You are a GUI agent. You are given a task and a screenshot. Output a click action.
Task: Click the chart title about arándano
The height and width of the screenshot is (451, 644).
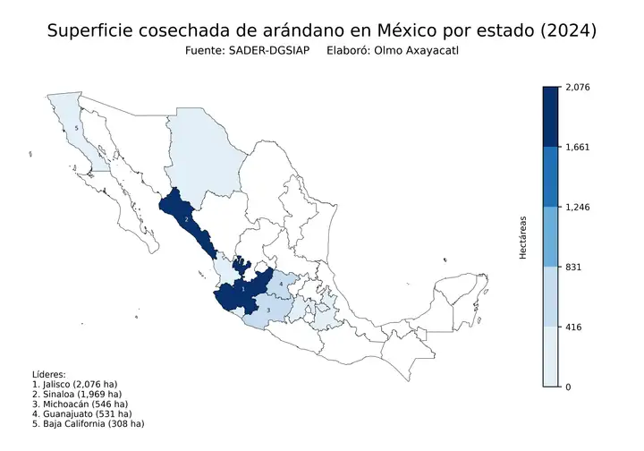click(x=322, y=30)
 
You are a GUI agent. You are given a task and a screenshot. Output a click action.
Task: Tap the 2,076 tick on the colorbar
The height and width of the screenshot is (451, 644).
click(x=579, y=87)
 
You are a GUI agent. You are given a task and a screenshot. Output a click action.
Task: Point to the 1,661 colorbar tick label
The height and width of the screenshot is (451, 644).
click(x=578, y=147)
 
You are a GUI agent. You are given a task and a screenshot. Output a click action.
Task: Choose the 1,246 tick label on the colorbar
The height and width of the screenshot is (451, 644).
click(x=578, y=207)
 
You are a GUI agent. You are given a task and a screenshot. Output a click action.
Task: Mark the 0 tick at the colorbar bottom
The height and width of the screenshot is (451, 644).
click(x=570, y=387)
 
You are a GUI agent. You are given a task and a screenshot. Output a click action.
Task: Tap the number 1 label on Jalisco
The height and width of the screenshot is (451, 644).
click(x=243, y=289)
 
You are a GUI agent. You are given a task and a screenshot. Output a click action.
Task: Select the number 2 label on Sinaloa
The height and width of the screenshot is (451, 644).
click(x=186, y=218)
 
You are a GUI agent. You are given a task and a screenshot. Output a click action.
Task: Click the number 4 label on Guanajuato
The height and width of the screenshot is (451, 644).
click(x=282, y=285)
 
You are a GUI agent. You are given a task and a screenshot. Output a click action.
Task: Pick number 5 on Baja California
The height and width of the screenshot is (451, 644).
click(x=77, y=129)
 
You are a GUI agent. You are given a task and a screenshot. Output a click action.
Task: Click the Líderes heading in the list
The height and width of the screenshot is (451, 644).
click(x=49, y=374)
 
